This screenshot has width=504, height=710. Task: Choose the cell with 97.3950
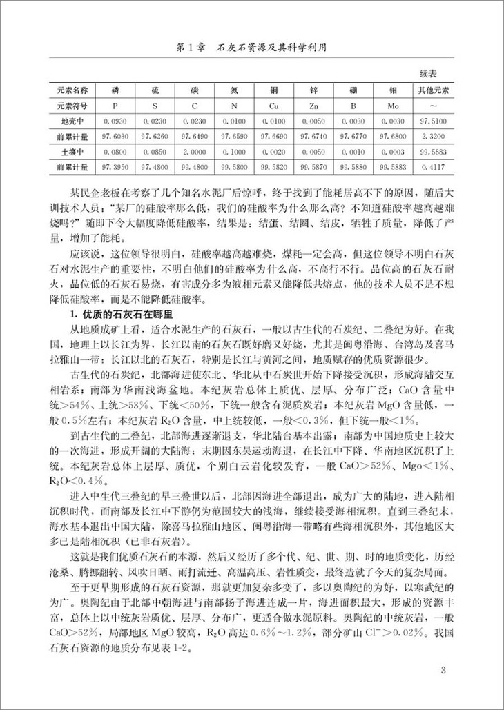[x=115, y=167]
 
